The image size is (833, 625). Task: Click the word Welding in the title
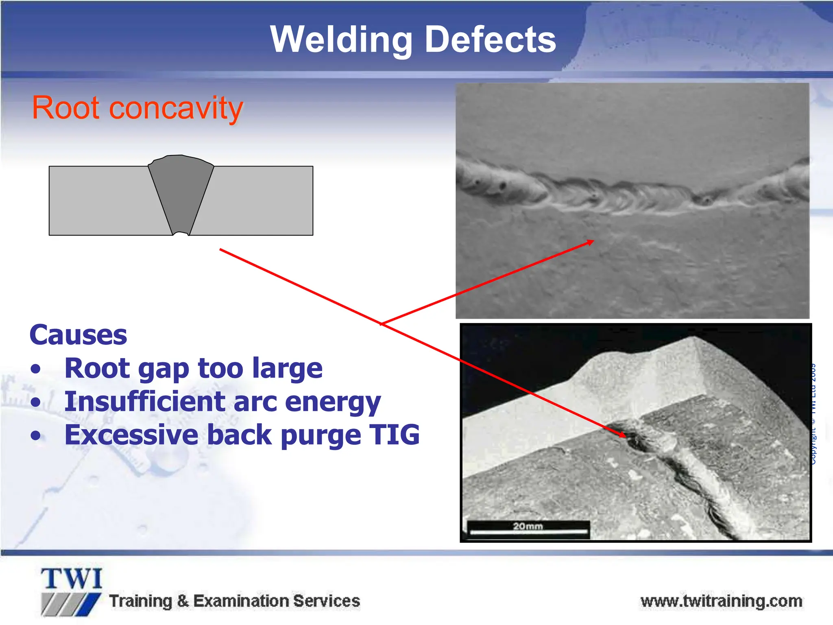(x=341, y=39)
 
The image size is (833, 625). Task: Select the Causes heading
(x=78, y=335)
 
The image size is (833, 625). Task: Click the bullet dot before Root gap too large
(x=36, y=369)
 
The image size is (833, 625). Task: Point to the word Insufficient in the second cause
(x=144, y=402)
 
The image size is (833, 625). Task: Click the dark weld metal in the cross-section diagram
(x=181, y=191)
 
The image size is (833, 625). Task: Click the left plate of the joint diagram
(x=102, y=200)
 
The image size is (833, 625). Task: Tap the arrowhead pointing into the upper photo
(x=591, y=242)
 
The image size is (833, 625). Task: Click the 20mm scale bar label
(x=528, y=526)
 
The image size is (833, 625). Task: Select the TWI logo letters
(x=72, y=579)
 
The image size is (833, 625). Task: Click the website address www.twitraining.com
(x=721, y=601)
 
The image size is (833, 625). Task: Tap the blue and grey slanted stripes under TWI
(x=71, y=604)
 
